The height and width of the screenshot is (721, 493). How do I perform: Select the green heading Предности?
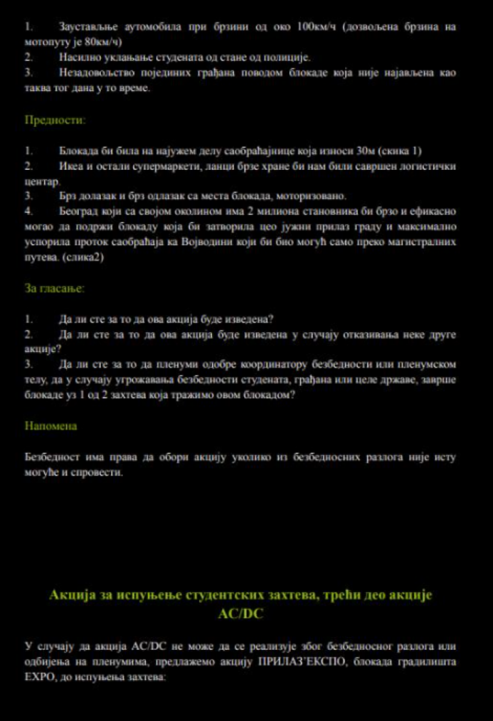[x=55, y=120]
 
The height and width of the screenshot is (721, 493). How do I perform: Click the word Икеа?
[x=69, y=166]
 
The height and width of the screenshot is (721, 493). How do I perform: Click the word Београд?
[x=77, y=211]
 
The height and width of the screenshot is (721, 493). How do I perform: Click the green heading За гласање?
[x=55, y=289]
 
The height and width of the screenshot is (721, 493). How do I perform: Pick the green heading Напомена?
[x=51, y=426]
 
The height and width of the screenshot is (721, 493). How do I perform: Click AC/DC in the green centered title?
[x=240, y=614]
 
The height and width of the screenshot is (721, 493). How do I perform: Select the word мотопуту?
[x=47, y=42]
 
